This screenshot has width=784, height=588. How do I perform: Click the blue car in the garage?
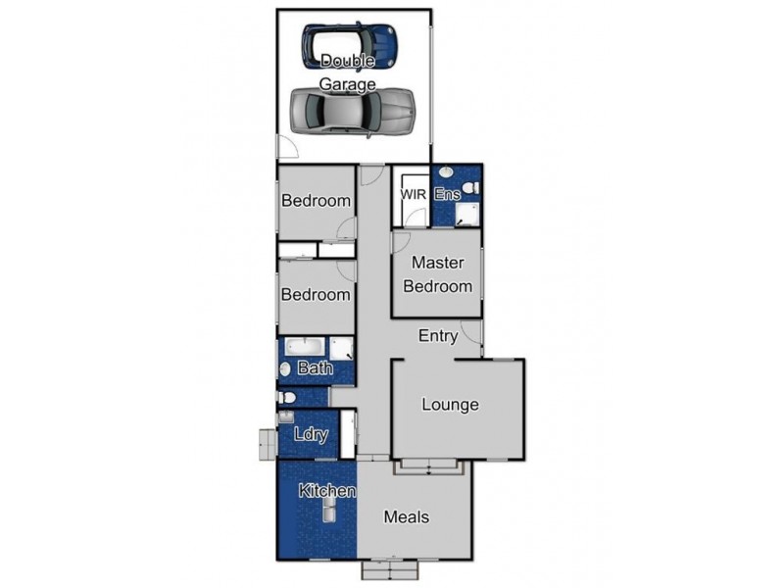pos(349,45)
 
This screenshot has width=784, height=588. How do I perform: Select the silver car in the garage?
pos(352,110)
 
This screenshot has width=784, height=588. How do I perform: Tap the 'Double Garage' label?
pos(348,73)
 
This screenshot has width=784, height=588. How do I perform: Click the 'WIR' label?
pos(413,195)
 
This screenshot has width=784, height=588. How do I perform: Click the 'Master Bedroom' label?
pos(438,274)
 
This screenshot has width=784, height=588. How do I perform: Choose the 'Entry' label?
pos(438,336)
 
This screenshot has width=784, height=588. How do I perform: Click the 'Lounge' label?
pos(450,404)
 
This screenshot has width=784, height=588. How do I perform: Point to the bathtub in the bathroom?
pos(305,348)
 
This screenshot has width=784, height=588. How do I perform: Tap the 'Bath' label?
pos(315,369)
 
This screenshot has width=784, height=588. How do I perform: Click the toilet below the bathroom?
pos(286,397)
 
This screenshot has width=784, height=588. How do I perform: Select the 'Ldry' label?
pos(310,435)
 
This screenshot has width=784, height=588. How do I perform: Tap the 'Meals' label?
pos(406,516)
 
